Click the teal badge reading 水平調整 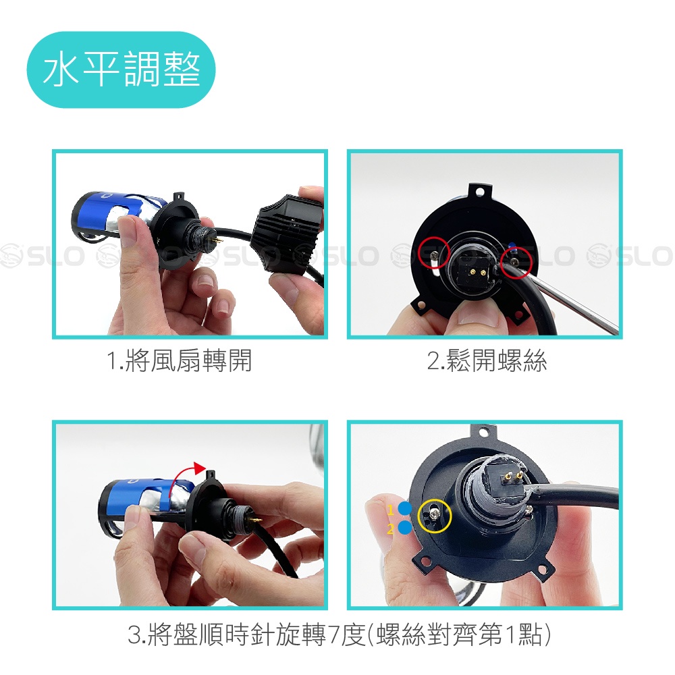121,70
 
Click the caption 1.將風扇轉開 179,360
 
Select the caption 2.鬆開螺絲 487,360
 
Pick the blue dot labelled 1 405,508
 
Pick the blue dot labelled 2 405,527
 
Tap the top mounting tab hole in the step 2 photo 481,191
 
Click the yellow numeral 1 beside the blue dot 391,510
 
